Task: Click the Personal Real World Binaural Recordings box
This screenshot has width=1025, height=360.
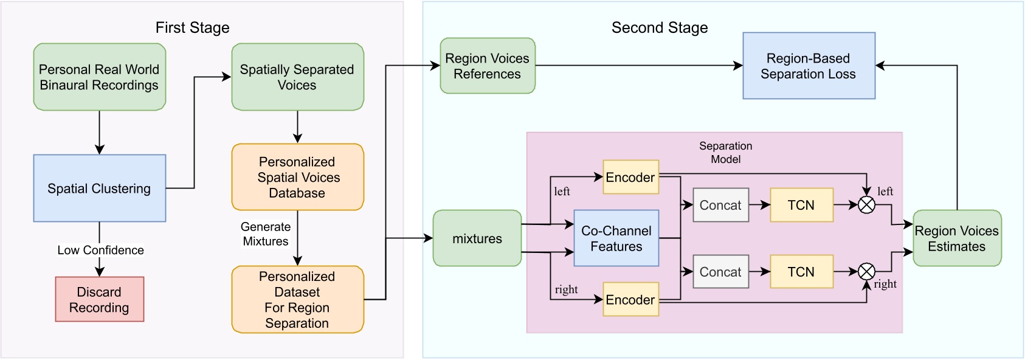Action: coord(100,77)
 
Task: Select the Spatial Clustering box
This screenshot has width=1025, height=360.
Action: coord(100,189)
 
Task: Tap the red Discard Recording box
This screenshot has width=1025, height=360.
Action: coord(100,300)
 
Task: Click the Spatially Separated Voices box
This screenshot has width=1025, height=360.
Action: coord(297,77)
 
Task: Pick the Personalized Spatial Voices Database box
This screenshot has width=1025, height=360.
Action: coord(297,178)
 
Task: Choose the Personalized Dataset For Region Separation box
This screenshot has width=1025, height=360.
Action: coord(297,300)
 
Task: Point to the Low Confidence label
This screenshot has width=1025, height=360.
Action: coord(101,250)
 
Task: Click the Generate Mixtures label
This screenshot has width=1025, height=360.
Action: coord(266,234)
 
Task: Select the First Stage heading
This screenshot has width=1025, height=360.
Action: coord(192,28)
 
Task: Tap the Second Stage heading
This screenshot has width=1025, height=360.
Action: coord(660,28)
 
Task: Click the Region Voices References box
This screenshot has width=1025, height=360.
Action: coord(488,66)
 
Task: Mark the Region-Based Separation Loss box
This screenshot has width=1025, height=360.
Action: coord(809,66)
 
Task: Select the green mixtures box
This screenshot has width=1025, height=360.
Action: coord(477,239)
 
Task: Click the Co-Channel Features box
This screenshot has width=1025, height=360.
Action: coord(616,239)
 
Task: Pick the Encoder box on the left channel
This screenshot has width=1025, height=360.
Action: coord(631,178)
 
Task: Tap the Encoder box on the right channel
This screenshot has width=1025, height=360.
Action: coord(631,300)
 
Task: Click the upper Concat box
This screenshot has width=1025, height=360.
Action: coord(720,206)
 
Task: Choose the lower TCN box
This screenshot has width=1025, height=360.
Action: coord(801,272)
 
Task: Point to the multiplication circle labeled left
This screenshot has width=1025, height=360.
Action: coord(866,206)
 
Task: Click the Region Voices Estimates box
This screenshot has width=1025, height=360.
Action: coord(957,239)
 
